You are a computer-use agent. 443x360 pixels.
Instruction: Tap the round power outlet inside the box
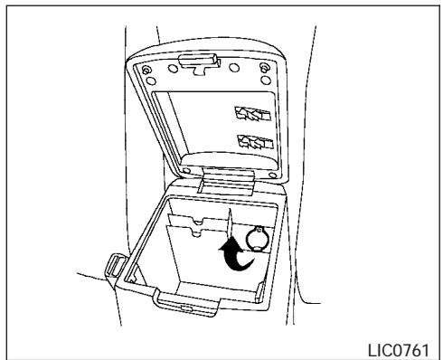[x=259, y=239]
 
